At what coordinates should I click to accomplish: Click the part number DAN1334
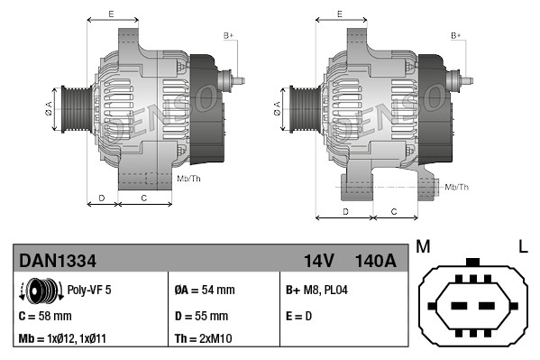click(58, 262)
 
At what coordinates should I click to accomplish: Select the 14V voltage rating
click(319, 262)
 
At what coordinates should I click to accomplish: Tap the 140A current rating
click(376, 262)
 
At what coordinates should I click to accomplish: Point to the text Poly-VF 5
click(89, 291)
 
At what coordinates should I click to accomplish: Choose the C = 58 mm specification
click(45, 316)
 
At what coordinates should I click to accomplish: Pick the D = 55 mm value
click(201, 316)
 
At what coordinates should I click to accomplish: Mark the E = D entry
click(300, 316)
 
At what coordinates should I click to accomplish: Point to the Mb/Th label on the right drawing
click(457, 187)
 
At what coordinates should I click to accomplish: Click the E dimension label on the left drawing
click(110, 14)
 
